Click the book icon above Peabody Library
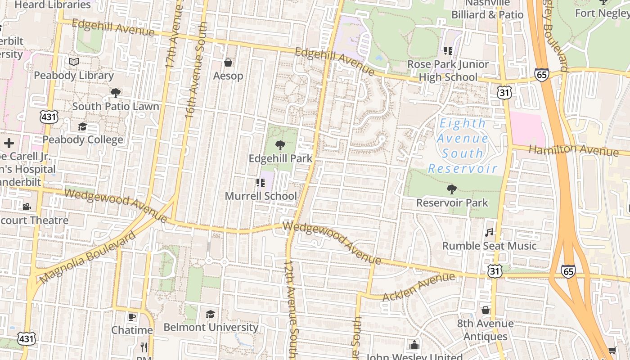pos(74,62)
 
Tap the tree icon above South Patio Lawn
pos(115,93)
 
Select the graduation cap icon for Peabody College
pos(82,126)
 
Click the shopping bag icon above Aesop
pos(228,62)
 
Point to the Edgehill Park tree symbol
pos(280,145)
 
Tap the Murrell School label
pos(261,196)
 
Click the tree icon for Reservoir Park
pos(452,189)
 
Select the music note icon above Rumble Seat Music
pos(489,232)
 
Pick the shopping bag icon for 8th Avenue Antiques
pos(485,310)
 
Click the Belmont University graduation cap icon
pos(210,314)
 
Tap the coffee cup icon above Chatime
pos(132,317)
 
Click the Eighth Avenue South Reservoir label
pos(463,146)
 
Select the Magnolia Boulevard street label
pos(87,258)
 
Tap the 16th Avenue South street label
pos(196,70)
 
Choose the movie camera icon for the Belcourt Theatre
pos(27,207)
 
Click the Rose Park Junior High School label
pos(448,71)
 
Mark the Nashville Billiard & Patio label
pos(487,9)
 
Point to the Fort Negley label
pos(602,13)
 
